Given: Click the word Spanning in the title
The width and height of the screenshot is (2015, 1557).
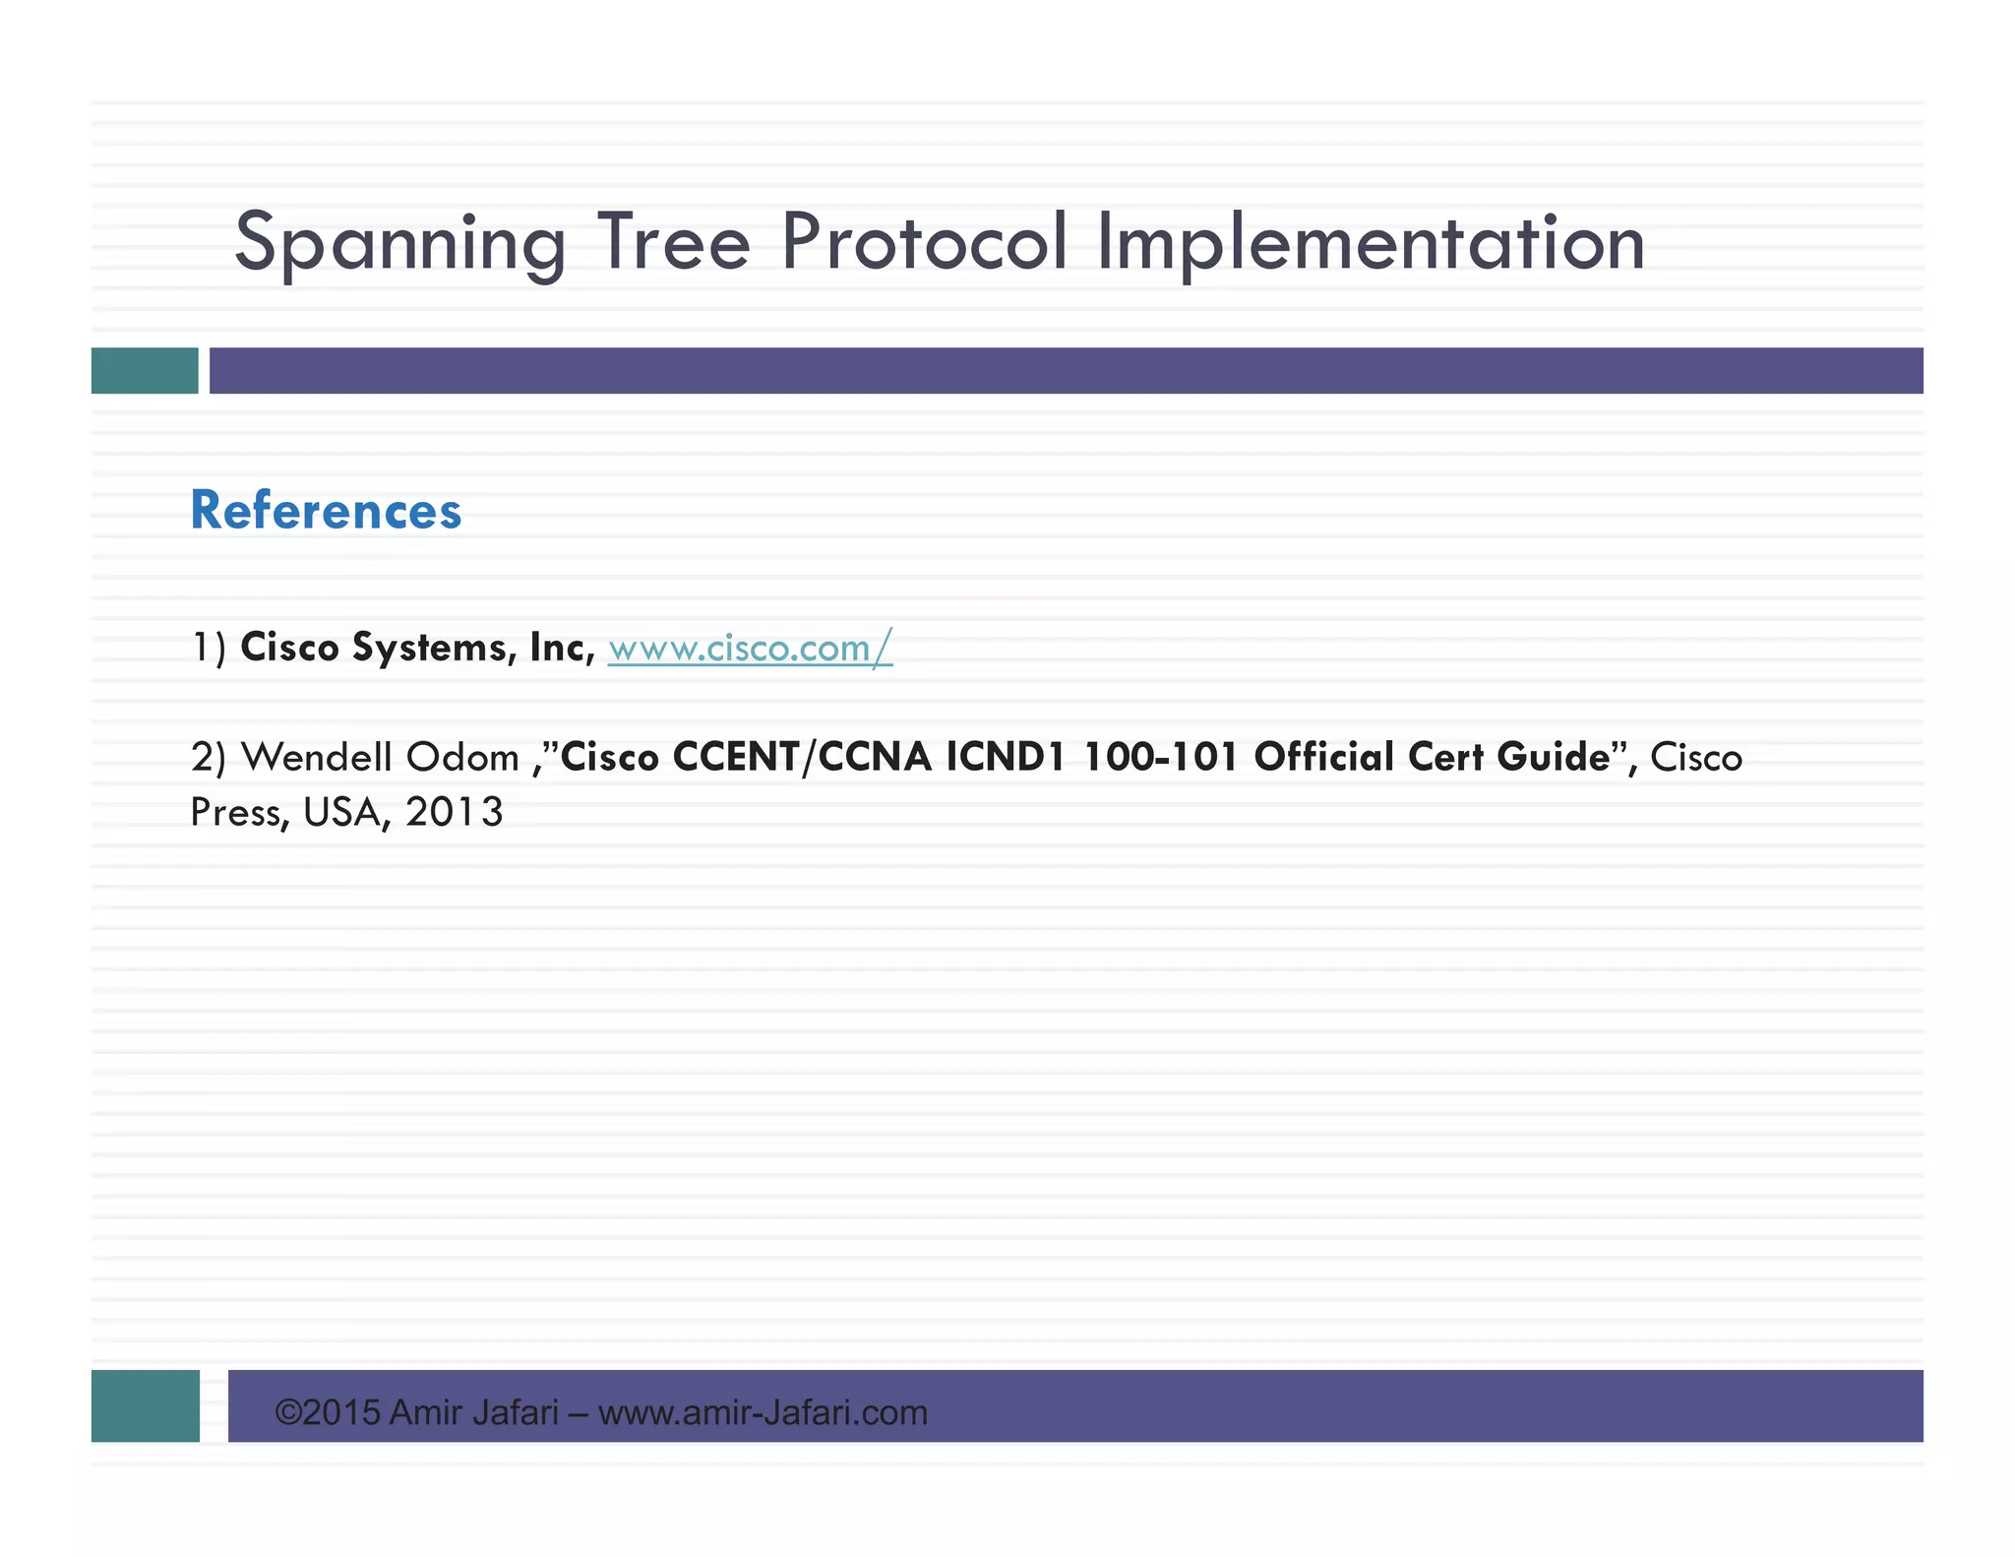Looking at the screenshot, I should tap(399, 243).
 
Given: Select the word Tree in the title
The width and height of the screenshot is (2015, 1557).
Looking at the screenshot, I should tap(673, 241).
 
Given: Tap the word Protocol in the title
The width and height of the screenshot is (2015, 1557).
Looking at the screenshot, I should tap(924, 241).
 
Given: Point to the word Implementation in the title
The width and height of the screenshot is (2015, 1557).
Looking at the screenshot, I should tap(1371, 243).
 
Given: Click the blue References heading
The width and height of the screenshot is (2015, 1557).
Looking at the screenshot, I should tap(326, 511).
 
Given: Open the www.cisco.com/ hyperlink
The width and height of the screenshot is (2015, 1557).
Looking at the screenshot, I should tap(750, 648).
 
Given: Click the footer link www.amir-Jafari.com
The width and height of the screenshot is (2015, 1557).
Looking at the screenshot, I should tap(763, 1412).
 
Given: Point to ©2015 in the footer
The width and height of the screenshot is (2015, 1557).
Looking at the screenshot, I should tap(327, 1412).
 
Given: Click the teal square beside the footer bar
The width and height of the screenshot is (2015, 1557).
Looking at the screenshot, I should tap(146, 1405).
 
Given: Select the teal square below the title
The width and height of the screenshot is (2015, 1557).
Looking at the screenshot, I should tap(145, 371).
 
